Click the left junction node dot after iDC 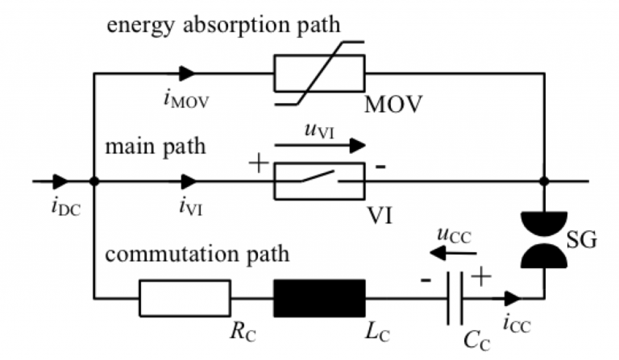95,182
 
